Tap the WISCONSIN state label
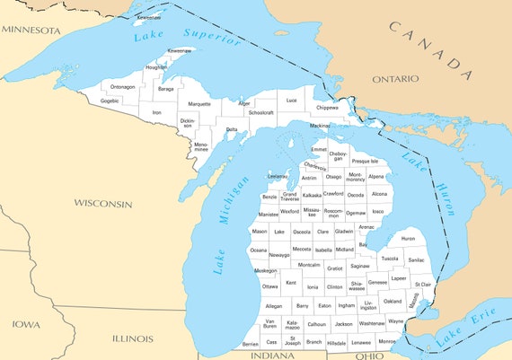102,204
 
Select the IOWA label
25,324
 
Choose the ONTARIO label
395,79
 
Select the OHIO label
369,356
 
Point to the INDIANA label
273,356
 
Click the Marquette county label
199,104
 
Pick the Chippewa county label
328,108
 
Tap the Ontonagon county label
123,87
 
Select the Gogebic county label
110,101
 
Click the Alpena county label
376,177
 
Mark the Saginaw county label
360,266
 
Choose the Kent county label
290,283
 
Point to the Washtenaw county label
371,322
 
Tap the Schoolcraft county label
260,113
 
